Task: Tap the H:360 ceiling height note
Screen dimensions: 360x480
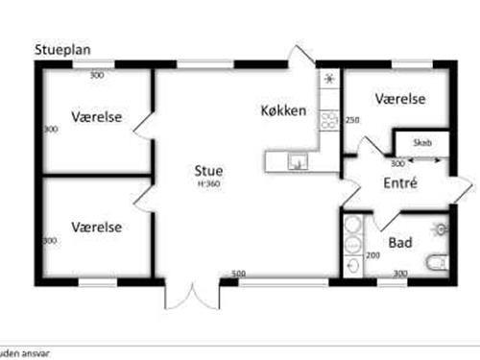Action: click(209, 183)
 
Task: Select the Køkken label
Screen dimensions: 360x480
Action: click(283, 111)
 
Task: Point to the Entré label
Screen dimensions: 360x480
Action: click(398, 182)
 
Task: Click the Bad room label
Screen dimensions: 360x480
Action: click(400, 244)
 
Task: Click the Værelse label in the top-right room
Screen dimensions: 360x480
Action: click(400, 99)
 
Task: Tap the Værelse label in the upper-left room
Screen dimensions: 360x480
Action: click(96, 117)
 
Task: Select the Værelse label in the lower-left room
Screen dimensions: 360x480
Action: click(96, 228)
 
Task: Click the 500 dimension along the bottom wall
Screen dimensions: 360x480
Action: click(239, 275)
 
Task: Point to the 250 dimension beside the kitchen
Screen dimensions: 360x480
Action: click(352, 120)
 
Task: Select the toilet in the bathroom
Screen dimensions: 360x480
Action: click(437, 260)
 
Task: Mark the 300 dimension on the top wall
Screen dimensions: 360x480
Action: click(96, 75)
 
